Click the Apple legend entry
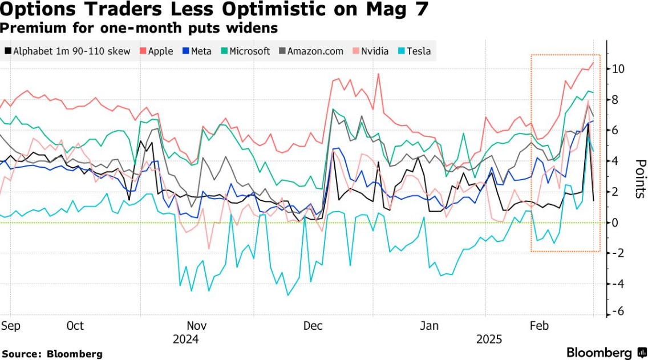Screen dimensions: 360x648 [x=156, y=51]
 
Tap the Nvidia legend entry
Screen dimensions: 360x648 [x=371, y=51]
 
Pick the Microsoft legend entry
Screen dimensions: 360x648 [x=245, y=51]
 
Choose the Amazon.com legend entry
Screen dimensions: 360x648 [x=311, y=51]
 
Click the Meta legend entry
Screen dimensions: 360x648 [x=197, y=51]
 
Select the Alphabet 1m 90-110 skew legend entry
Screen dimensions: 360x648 [x=67, y=51]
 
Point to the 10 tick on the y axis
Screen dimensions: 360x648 [x=618, y=69]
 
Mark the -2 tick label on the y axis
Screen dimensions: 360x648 [x=618, y=253]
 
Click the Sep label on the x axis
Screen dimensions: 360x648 [x=11, y=326]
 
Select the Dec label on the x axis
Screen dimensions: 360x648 [x=313, y=326]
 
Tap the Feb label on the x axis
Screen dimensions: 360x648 [x=539, y=326]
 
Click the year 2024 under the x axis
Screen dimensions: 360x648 [x=186, y=339]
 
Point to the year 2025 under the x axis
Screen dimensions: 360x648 [x=489, y=339]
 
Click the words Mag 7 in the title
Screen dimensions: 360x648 [x=394, y=10]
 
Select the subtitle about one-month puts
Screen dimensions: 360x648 [x=139, y=27]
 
